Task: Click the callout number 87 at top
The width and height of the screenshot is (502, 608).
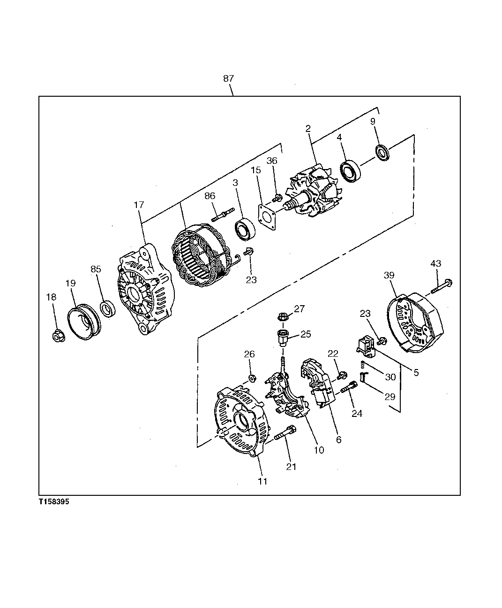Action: point(228,79)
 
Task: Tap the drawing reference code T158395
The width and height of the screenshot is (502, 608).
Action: point(54,502)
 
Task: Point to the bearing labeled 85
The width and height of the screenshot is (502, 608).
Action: point(108,309)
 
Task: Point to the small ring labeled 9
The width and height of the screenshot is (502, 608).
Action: point(383,154)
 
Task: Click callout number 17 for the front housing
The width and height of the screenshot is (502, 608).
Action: point(139,205)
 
